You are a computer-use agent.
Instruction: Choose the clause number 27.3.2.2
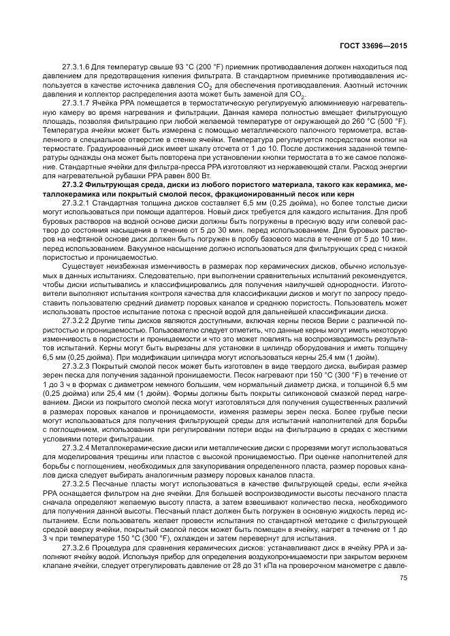point(76,317)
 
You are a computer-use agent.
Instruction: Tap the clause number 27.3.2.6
point(76,547)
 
